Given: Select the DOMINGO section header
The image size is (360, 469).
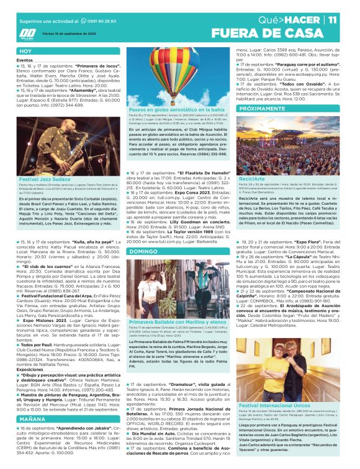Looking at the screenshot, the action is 143,234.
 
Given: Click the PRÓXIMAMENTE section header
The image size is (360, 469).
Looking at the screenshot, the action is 261,108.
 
